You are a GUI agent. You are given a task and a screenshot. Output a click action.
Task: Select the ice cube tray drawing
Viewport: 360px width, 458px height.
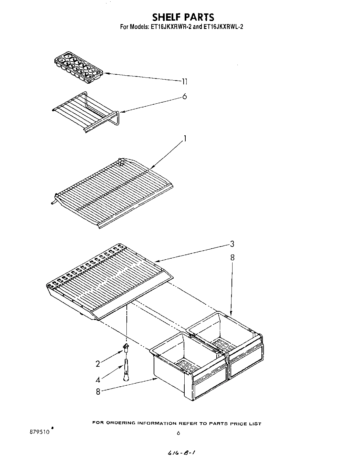[79, 66]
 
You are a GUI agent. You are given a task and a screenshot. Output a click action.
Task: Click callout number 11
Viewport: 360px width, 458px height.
[185, 82]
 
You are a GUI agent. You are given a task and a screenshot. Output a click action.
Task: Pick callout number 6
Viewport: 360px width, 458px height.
[185, 97]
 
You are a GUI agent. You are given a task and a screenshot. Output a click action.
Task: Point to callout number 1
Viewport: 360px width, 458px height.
[185, 139]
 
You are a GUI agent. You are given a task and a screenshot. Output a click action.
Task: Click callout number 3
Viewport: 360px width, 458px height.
[232, 244]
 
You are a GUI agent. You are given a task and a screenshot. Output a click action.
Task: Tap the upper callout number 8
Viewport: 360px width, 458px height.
[232, 257]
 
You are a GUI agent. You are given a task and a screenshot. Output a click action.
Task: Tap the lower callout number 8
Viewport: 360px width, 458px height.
[98, 392]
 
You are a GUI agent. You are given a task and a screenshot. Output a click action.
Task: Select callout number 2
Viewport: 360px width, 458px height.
[98, 364]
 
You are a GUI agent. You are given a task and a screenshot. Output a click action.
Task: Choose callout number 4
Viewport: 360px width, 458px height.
[98, 380]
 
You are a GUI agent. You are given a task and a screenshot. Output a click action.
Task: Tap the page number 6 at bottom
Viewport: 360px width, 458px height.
[178, 433]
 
